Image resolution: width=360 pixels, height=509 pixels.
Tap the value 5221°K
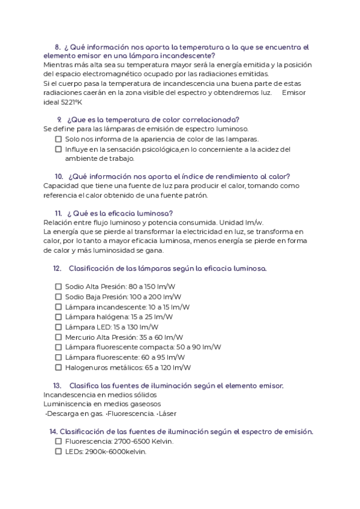[x=56, y=102]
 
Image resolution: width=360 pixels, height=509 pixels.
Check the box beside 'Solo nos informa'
[x=58, y=139]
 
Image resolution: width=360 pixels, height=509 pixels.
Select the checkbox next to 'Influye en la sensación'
[x=58, y=149]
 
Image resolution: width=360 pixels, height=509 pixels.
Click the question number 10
[x=59, y=176]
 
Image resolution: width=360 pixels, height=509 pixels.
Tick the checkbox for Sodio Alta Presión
[x=58, y=287]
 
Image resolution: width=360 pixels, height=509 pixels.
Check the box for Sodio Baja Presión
[x=58, y=297]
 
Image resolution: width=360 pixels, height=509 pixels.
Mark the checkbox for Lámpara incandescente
[x=58, y=307]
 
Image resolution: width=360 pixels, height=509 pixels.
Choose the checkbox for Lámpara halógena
[x=58, y=317]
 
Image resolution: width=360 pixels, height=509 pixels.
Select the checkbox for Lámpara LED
[x=58, y=327]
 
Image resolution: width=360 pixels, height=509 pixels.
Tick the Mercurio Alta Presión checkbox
[x=58, y=337]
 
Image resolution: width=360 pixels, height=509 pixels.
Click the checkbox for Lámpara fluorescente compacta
[x=58, y=347]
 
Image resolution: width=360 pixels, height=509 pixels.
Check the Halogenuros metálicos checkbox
[x=58, y=367]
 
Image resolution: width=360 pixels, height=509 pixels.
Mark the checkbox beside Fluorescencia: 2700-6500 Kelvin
[x=58, y=441]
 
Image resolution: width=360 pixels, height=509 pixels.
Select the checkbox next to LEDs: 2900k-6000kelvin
[x=58, y=451]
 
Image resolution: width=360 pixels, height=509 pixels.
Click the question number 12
[x=57, y=268]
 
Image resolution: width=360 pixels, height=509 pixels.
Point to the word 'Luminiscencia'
[x=67, y=404]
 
